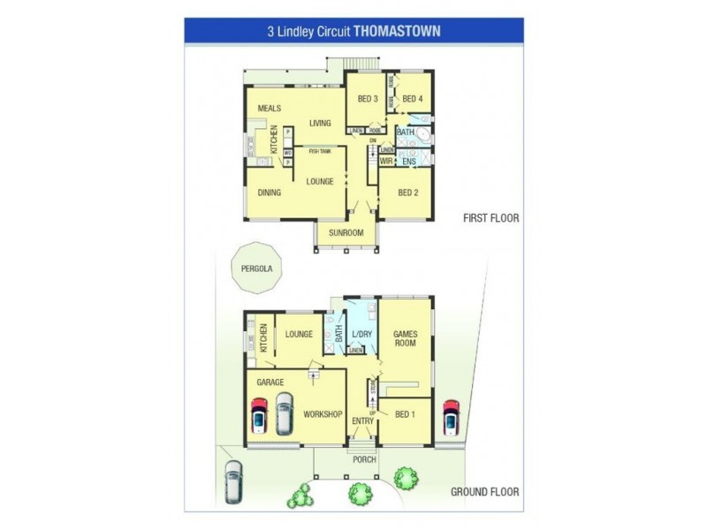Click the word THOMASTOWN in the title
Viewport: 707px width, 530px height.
click(x=397, y=30)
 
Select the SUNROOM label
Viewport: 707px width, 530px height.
click(x=346, y=232)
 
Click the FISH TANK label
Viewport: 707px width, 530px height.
click(x=320, y=151)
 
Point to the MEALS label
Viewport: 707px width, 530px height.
click(x=270, y=108)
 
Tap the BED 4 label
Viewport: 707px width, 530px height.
click(x=414, y=99)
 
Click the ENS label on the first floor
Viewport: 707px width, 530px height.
click(x=408, y=162)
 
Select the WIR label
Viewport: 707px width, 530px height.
click(x=386, y=162)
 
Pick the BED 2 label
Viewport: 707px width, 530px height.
click(x=407, y=193)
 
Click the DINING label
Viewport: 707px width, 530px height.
click(x=270, y=193)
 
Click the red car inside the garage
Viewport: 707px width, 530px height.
click(x=259, y=415)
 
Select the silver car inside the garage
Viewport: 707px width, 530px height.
click(x=284, y=413)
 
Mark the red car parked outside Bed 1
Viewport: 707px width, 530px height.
click(x=451, y=418)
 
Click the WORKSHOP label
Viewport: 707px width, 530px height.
click(x=323, y=414)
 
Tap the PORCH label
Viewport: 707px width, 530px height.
click(x=364, y=459)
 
